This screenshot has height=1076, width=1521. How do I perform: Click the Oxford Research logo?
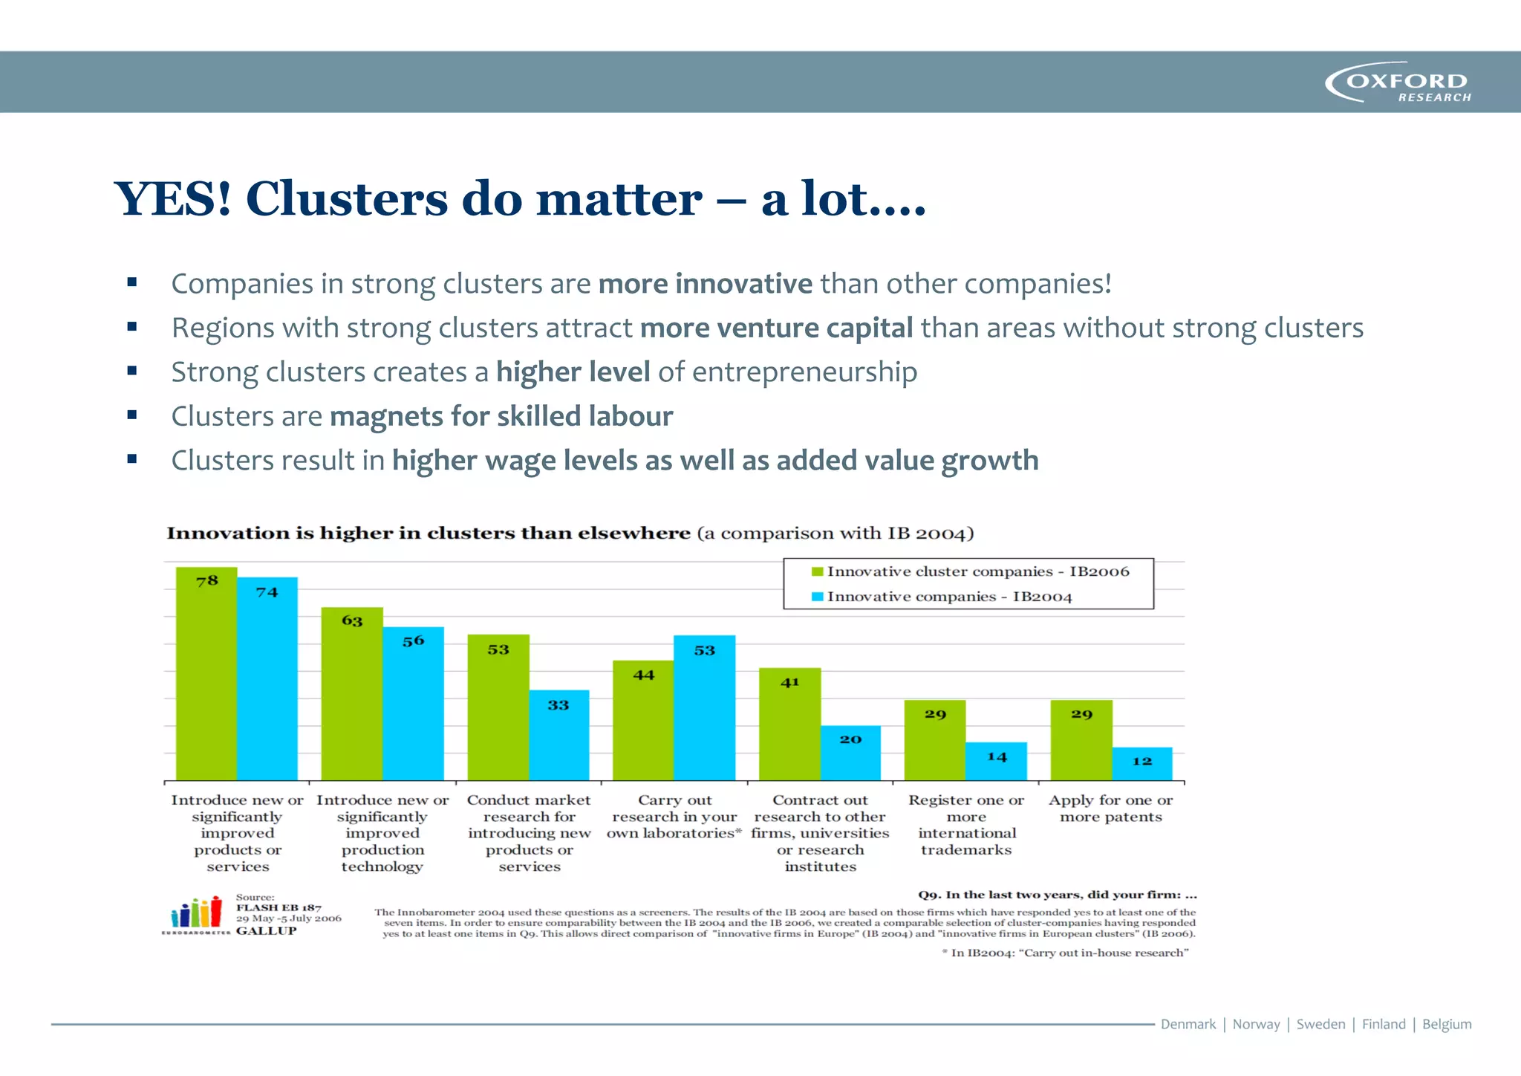(1398, 82)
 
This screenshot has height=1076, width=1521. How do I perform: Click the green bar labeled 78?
(206, 676)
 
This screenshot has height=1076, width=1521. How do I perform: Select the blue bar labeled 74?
(267, 680)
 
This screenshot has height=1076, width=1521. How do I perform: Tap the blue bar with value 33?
(559, 736)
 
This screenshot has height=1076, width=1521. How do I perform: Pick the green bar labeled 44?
(643, 721)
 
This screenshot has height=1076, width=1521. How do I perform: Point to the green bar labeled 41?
(789, 725)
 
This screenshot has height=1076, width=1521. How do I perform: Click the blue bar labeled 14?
(997, 762)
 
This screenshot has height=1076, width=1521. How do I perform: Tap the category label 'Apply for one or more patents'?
(1110, 808)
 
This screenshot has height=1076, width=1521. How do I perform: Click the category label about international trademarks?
(966, 825)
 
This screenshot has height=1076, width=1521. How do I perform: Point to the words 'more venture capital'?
(776, 328)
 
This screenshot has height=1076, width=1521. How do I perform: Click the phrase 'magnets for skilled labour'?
(501, 416)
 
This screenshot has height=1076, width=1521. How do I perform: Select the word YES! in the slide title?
(173, 199)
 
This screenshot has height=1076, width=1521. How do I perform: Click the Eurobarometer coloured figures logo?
(196, 913)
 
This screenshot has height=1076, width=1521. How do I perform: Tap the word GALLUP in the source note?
(266, 931)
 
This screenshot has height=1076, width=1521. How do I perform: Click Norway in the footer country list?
(1256, 1024)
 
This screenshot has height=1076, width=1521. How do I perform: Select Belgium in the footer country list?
(1446, 1024)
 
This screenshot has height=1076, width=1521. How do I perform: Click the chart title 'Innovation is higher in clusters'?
(429, 534)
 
